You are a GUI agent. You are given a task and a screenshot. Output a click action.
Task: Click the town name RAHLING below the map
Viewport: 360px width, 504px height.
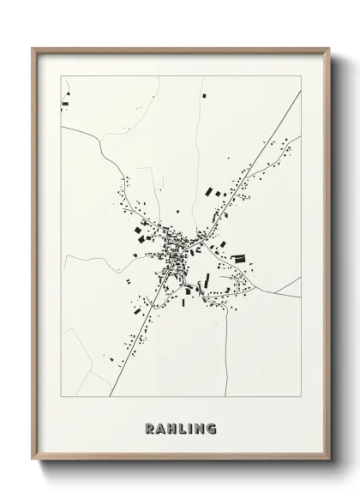181,428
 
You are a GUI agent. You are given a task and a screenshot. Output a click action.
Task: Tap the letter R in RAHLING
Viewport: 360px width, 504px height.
150,428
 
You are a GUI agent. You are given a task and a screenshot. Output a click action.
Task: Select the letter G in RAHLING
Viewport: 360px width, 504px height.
211,428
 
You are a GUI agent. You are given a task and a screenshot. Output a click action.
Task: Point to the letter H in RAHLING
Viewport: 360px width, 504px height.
171,428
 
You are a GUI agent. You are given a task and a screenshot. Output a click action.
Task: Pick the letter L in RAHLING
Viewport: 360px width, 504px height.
182,428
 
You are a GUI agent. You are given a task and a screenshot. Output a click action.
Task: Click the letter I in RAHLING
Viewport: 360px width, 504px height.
189,428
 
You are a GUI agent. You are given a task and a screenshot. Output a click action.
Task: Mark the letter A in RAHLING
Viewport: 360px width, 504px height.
160,428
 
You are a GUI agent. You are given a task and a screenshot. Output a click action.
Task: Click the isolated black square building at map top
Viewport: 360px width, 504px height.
204,97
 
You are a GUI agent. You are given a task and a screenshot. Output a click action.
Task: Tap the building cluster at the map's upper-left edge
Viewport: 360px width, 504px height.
65,105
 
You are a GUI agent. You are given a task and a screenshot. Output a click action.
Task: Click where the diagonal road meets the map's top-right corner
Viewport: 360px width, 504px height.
300,91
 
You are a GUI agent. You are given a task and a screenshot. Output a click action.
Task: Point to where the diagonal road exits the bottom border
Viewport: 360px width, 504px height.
111,396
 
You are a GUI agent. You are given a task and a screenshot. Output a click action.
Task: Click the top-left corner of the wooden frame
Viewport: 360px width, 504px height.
33,48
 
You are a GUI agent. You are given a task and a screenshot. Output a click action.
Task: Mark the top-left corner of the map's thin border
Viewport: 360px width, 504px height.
61,75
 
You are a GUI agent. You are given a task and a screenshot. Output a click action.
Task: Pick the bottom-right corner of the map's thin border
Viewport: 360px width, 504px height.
301,397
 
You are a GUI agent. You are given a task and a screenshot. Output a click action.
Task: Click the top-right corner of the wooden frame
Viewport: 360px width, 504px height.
329,48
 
